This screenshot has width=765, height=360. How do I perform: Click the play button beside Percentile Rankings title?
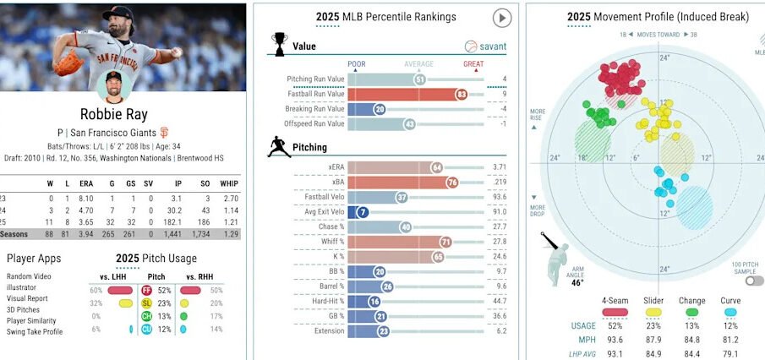[501, 18]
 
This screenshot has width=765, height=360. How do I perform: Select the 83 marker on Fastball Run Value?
[462, 95]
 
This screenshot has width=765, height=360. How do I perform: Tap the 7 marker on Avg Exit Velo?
[363, 212]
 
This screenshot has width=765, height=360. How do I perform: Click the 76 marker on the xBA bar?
[453, 182]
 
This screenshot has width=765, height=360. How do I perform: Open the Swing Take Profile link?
[36, 331]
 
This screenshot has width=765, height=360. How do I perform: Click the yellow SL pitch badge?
[146, 303]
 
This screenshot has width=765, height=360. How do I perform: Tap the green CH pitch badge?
[146, 316]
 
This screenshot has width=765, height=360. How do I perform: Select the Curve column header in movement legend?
[729, 301]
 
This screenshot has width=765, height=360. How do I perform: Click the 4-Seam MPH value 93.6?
[615, 341]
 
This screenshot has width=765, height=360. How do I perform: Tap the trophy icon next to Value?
[279, 41]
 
